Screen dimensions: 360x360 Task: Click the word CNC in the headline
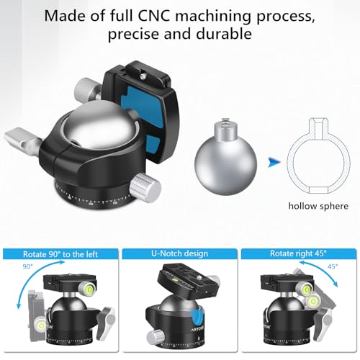(x=154, y=16)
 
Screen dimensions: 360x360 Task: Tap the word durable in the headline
(x=224, y=34)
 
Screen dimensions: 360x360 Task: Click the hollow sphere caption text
(x=318, y=206)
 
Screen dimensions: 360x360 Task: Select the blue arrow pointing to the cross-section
(x=274, y=162)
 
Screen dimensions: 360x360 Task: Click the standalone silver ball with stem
(x=225, y=157)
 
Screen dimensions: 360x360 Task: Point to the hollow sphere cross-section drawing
(x=318, y=156)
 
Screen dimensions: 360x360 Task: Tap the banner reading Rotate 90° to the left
(x=60, y=254)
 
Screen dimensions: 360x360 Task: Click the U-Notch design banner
(x=179, y=253)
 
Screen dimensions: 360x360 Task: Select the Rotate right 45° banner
(x=298, y=253)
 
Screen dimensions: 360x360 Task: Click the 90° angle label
(x=28, y=266)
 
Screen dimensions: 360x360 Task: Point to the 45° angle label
(x=333, y=266)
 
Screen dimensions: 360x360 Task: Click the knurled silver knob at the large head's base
(x=145, y=187)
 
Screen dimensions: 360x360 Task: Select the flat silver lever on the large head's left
(x=22, y=141)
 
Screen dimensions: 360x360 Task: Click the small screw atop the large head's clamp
(x=143, y=76)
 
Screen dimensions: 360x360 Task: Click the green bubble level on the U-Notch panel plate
(x=176, y=279)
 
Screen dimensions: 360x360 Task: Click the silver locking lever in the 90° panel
(x=106, y=323)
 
